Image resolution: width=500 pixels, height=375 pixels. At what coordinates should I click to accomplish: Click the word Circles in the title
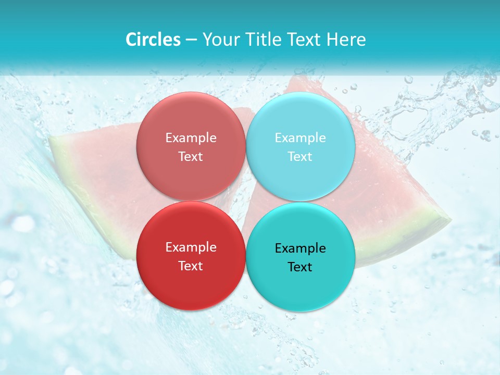[x=153, y=40]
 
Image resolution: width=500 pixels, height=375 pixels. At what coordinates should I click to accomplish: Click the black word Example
[x=300, y=248]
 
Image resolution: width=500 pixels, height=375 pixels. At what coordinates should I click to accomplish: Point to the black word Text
[x=300, y=267]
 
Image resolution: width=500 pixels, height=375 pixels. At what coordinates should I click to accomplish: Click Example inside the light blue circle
[x=300, y=138]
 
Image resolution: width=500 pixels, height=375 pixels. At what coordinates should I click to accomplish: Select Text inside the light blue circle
[x=300, y=156]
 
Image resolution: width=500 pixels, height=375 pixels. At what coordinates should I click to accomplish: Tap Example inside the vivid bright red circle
[x=191, y=247]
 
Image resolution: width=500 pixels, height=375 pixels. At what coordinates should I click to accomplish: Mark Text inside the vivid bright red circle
[x=191, y=266]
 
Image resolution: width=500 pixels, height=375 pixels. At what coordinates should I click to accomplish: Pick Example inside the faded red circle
[x=191, y=138]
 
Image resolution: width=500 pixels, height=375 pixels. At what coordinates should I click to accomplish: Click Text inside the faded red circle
[x=191, y=156]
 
